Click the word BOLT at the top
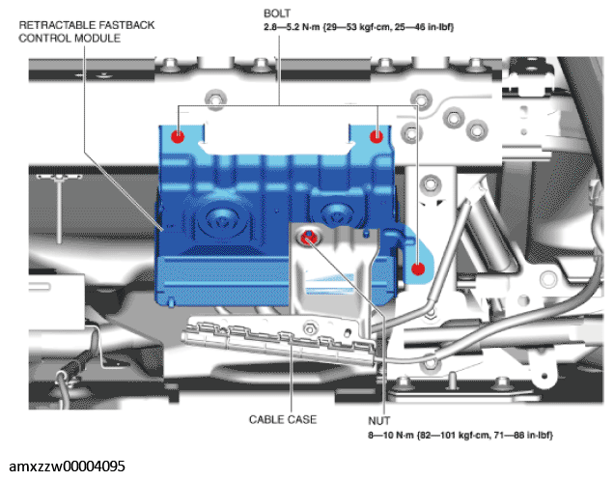(278, 14)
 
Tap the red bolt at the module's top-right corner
(377, 135)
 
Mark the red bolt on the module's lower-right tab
(417, 269)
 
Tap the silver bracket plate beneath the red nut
(333, 275)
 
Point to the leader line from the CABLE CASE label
(290, 382)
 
